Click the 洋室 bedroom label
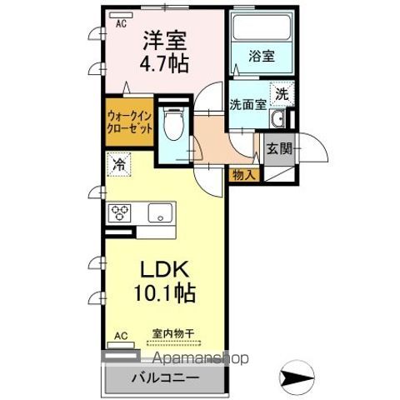click(162, 39)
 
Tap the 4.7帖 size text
click(162, 62)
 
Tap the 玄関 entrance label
click(277, 148)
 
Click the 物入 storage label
click(243, 174)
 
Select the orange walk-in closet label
click(129, 122)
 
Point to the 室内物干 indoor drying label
click(172, 334)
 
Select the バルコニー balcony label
click(164, 377)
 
